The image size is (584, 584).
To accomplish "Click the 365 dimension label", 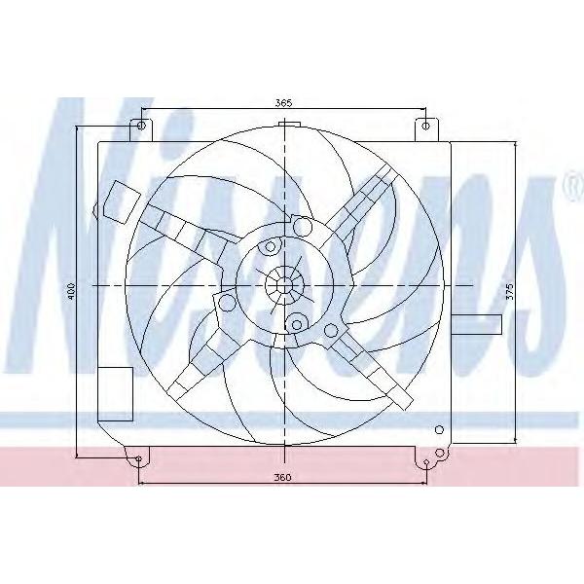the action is pyautogui.click(x=284, y=103).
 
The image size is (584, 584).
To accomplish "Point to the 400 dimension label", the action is pyautogui.click(x=71, y=290).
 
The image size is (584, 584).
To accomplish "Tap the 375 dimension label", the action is pyautogui.click(x=510, y=292).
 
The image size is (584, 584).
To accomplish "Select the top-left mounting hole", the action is pyautogui.click(x=141, y=126).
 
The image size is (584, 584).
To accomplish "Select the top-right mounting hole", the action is pyautogui.click(x=425, y=126).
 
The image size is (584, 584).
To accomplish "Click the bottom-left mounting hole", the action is pyautogui.click(x=138, y=458).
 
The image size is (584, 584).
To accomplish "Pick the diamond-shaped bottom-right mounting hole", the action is pyautogui.click(x=427, y=462).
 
